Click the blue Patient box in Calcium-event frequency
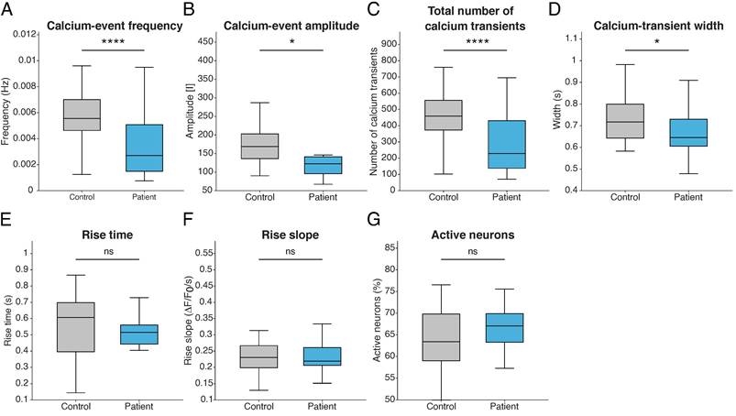coord(144,148)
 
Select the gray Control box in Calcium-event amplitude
coord(259,147)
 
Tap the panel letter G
coord(373,220)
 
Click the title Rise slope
coord(290,235)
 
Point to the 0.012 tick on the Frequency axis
coord(24,34)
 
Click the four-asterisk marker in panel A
coord(113,42)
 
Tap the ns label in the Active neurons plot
coord(473,251)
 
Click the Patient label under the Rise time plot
coord(139,406)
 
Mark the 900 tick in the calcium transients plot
coord(390,44)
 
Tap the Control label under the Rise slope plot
coord(258,406)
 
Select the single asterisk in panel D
coord(657,42)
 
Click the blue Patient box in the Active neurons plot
coord(505,328)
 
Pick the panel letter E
coord(5,220)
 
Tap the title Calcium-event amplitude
coord(291,26)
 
